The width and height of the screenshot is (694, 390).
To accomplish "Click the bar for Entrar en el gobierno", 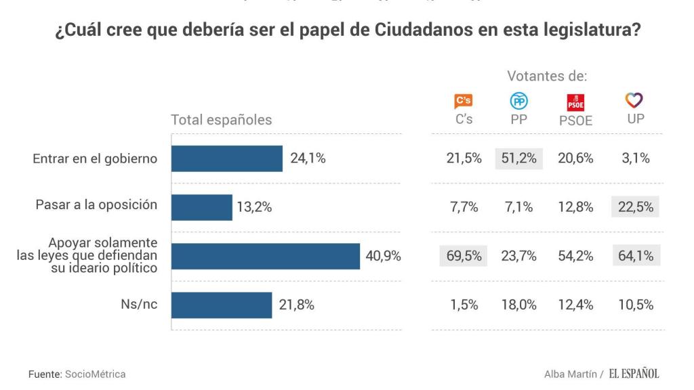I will point(226,158).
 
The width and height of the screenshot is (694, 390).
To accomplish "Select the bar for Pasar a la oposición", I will point(201,207).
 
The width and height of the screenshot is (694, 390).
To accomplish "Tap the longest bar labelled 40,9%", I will point(265,256).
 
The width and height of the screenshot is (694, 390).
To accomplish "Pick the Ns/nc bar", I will point(221,305).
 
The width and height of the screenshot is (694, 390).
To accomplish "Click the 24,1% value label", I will point(308,158).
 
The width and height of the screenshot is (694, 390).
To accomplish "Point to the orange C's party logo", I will point(464,102).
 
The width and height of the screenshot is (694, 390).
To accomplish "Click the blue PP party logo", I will point(518,102).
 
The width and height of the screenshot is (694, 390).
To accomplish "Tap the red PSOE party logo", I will point(575,102).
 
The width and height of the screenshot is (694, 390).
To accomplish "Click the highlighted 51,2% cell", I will point(518,158).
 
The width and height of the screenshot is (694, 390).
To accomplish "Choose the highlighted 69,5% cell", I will point(464,256).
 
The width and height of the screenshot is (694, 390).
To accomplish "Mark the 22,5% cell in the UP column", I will point(635,207).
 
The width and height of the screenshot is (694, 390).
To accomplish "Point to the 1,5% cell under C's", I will point(464,305).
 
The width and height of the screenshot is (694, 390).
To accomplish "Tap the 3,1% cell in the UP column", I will point(635,158).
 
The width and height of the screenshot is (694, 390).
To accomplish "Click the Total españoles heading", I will point(221,120).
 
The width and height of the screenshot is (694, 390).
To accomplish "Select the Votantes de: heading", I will point(547,77).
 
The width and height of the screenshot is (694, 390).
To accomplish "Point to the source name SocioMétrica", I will point(95,374).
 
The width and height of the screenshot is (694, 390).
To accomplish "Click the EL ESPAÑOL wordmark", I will point(633,374).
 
